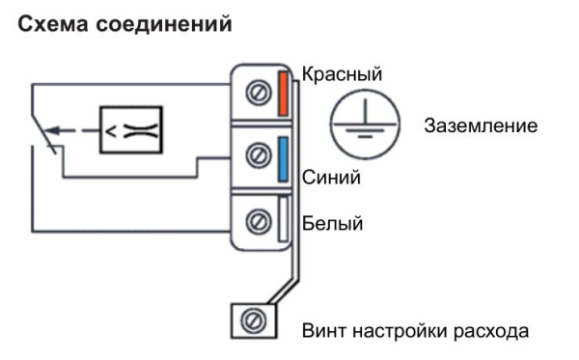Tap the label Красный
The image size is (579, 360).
343,74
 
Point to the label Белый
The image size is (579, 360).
332,225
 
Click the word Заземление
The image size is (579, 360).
480,127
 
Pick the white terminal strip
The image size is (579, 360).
284,219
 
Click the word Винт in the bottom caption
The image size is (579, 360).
324,331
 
